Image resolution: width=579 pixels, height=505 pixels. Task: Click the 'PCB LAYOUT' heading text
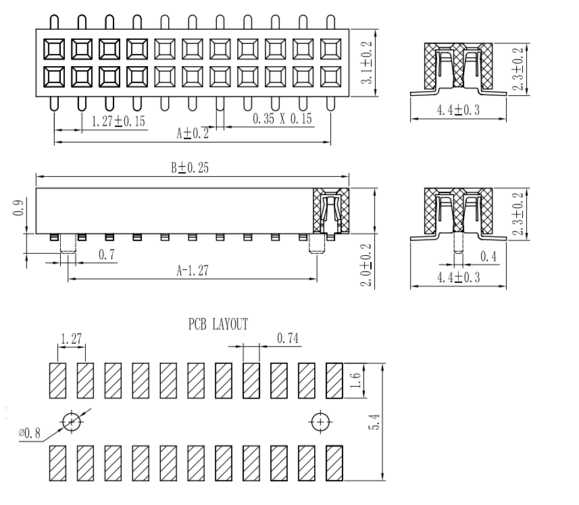(x=218, y=325)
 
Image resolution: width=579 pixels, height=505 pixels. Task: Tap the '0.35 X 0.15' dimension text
(x=282, y=119)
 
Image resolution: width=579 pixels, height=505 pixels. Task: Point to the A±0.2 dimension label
(x=193, y=134)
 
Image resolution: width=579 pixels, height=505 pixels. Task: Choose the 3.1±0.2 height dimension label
(x=367, y=62)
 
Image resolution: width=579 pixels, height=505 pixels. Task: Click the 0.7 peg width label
(x=105, y=254)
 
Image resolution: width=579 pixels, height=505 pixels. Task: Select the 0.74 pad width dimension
(x=287, y=338)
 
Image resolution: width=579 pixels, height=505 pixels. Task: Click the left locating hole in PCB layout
(x=72, y=421)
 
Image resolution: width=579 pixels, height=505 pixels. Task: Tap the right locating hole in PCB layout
(x=320, y=421)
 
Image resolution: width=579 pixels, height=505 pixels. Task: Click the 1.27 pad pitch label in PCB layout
(x=70, y=338)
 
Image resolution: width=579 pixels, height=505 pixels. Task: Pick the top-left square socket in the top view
(x=54, y=49)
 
